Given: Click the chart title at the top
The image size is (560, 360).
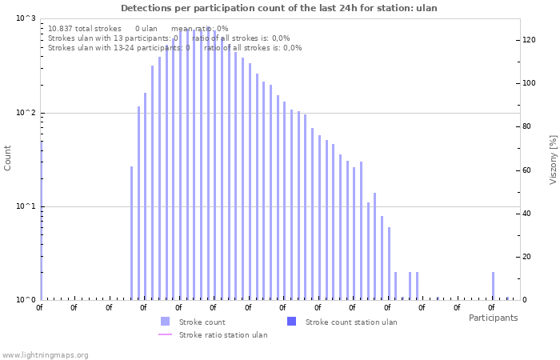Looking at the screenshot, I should [279, 8].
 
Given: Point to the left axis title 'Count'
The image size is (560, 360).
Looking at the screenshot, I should [8, 158].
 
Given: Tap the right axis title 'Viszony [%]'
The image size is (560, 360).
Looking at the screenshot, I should [552, 159].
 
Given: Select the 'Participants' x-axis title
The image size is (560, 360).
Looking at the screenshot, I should [493, 318].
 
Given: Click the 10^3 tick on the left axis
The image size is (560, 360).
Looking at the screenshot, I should [26, 18].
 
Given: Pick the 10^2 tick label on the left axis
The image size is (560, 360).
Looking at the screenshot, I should [26, 113].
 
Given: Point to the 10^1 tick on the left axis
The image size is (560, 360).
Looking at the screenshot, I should [26, 206].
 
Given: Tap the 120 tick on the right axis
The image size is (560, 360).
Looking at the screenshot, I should [529, 40].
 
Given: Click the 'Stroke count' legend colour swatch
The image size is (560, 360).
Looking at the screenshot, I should [165, 322].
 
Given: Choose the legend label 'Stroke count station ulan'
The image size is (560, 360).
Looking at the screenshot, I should [351, 322].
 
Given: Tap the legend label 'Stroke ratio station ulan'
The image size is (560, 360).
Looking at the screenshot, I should [223, 334].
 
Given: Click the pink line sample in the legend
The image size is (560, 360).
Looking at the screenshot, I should [165, 334].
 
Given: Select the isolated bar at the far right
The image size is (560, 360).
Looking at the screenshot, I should [493, 286].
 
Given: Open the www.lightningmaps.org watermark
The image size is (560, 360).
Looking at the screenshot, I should [46, 354].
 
